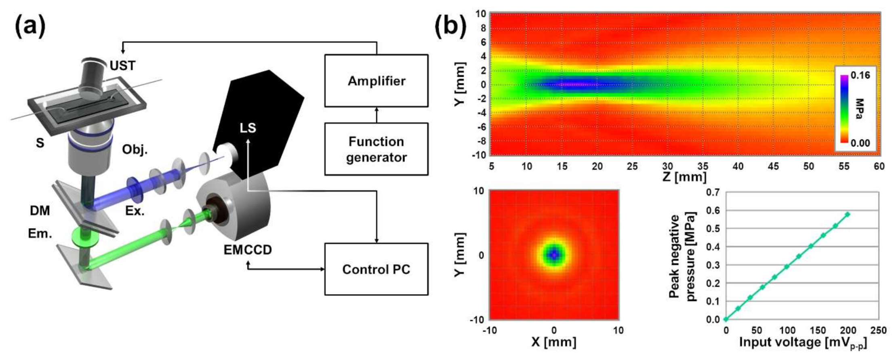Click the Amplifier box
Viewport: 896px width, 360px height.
(376, 81)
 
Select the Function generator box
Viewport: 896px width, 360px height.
(376, 149)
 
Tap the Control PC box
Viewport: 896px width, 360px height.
(376, 269)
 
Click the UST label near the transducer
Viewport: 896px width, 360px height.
(122, 65)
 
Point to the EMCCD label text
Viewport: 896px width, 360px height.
(248, 250)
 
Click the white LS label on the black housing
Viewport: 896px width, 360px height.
(248, 128)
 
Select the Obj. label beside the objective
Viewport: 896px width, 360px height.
(135, 149)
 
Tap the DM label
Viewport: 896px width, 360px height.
(40, 211)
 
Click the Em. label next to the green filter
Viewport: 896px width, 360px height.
(40, 234)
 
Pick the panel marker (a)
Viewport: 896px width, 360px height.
(30, 27)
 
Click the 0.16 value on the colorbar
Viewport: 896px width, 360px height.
(860, 76)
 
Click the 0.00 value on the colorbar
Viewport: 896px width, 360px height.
(860, 143)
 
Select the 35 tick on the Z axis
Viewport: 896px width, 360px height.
(702, 166)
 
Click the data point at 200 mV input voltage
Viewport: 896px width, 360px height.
(848, 214)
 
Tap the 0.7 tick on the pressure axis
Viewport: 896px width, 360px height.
(713, 192)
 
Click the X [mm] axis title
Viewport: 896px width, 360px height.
(554, 342)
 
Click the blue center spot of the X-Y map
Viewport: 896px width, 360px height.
(554, 255)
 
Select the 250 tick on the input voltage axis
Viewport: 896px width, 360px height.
(878, 331)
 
